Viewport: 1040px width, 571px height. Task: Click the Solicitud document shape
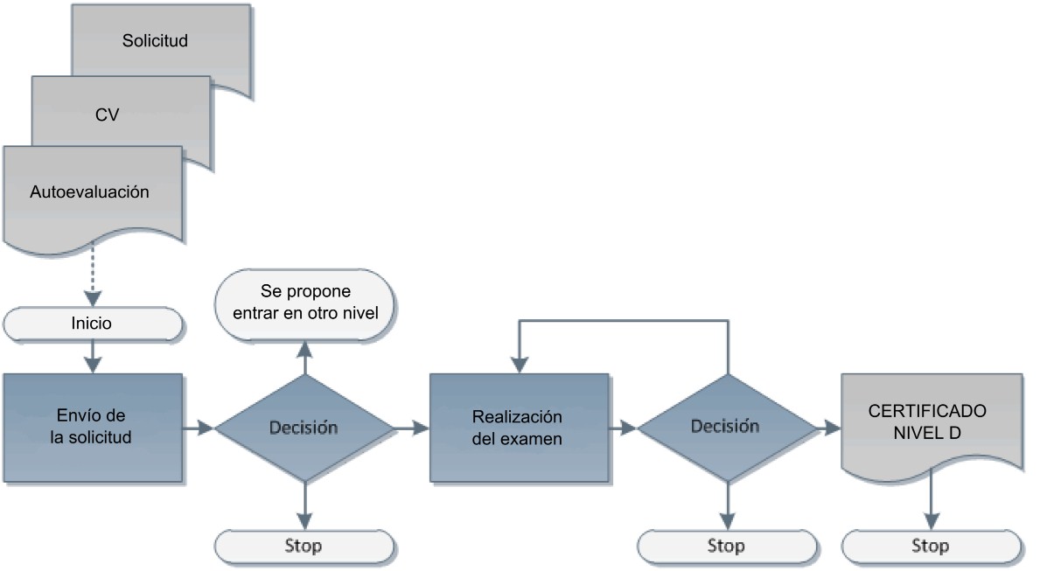pyautogui.click(x=161, y=41)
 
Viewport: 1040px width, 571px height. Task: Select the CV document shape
pyautogui.click(x=121, y=114)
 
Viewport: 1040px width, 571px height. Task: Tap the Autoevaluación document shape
pyautogui.click(x=93, y=193)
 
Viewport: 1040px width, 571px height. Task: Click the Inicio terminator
pyautogui.click(x=93, y=324)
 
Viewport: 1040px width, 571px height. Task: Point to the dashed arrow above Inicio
pyautogui.click(x=93, y=276)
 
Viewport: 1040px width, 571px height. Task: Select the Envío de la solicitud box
pyautogui.click(x=93, y=427)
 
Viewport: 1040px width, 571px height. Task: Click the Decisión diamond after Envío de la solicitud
pyautogui.click(x=304, y=428)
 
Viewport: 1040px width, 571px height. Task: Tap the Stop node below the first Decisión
pyautogui.click(x=304, y=547)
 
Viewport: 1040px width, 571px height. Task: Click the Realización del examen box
pyautogui.click(x=520, y=428)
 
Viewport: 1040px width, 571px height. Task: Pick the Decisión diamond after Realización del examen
pyautogui.click(x=728, y=428)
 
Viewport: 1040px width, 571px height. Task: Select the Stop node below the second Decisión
pyautogui.click(x=728, y=547)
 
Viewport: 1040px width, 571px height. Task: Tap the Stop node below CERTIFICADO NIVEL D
pyautogui.click(x=932, y=547)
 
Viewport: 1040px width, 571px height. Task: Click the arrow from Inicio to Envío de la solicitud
pyautogui.click(x=93, y=357)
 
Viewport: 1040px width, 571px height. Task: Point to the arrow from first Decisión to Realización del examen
pyautogui.click(x=412, y=428)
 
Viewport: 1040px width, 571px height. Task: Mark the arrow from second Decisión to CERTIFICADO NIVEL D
pyautogui.click(x=829, y=428)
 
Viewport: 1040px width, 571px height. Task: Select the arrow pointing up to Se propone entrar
pyautogui.click(x=304, y=358)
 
